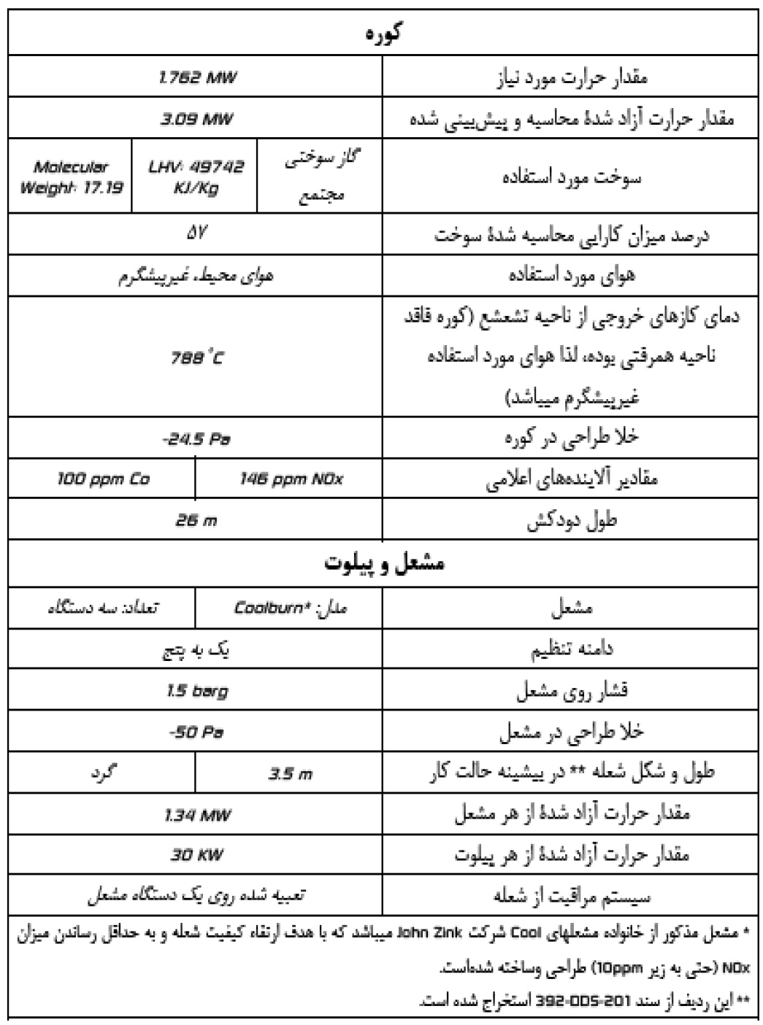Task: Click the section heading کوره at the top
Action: pos(383,32)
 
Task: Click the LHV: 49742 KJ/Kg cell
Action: pos(196,177)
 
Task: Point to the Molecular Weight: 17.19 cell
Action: pos(71,177)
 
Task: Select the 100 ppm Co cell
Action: pos(103,479)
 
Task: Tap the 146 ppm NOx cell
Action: pos(291,479)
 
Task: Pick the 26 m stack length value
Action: pos(196,520)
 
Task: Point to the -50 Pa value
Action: pos(196,732)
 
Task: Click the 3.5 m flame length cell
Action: pos(290,774)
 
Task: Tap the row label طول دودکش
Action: pos(572,521)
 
